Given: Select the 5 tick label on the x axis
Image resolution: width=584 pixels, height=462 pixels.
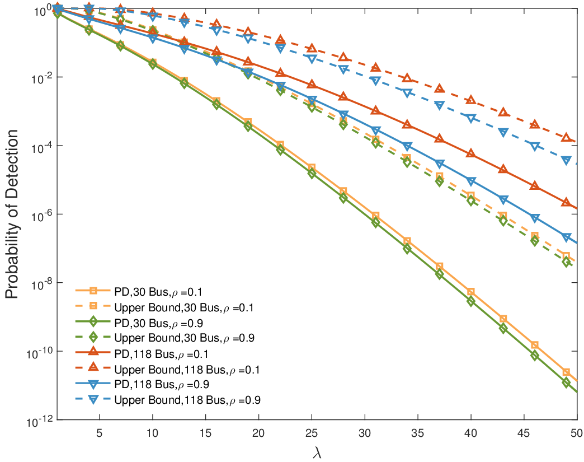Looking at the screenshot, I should [x=100, y=432].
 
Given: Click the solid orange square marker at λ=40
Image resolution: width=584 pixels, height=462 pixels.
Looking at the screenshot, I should [x=470, y=292].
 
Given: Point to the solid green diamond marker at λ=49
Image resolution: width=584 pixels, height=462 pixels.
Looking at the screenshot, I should [x=566, y=382].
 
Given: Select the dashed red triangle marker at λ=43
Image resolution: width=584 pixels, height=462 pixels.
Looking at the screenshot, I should [x=503, y=112].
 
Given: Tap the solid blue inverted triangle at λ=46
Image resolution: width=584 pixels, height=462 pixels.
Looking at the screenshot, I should [x=535, y=218].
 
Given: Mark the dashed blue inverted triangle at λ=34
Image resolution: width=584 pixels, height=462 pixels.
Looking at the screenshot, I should [x=407, y=94].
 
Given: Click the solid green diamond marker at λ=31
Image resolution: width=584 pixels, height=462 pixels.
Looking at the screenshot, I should [x=375, y=222].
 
